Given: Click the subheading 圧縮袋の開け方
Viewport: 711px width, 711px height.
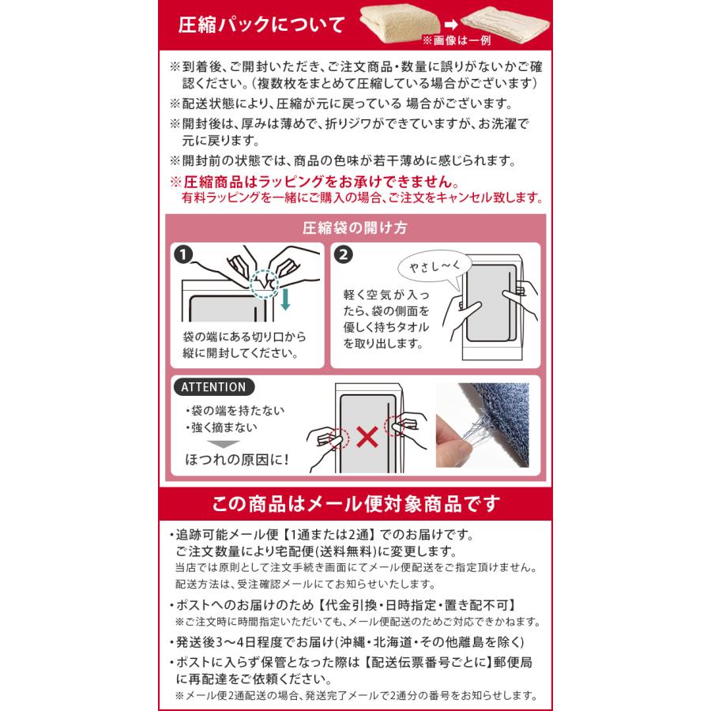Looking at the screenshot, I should [x=355, y=228].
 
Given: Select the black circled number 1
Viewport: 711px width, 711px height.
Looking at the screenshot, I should [x=183, y=255].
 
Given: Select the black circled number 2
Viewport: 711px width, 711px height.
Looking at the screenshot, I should [x=344, y=255].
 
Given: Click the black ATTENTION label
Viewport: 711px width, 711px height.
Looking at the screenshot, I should [x=213, y=387].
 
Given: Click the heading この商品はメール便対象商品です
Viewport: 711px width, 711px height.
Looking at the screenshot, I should [x=355, y=503].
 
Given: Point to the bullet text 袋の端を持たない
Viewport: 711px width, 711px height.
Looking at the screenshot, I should [x=235, y=412].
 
